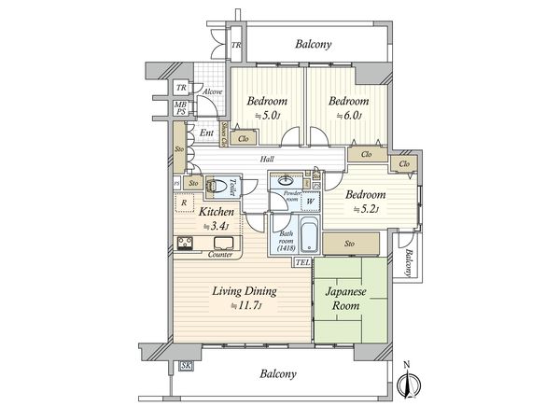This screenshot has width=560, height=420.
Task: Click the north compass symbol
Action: click(406, 384)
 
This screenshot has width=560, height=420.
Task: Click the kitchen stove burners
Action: click(185, 245)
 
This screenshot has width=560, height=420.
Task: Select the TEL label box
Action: click(302, 262)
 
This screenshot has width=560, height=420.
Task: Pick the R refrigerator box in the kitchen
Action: click(185, 203)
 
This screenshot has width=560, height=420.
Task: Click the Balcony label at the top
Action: click(314, 44)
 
